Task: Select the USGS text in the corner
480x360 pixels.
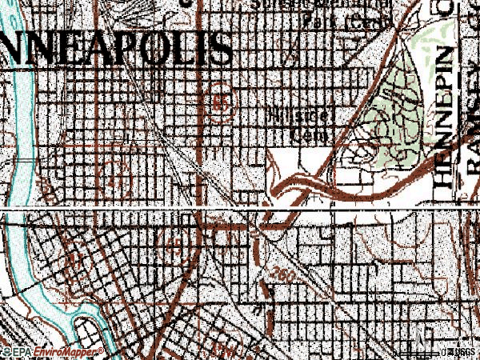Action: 462,351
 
